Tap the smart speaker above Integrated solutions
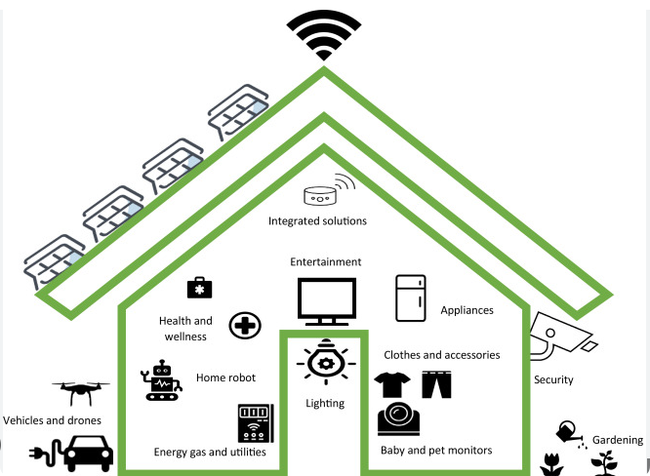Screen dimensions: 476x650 coord(317,194)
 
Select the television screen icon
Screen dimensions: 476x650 coord(326,300)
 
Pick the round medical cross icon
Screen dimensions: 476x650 coord(244,326)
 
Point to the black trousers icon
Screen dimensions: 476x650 coord(437,382)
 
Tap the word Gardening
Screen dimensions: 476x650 coord(617,441)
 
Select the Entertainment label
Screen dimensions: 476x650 coord(326,262)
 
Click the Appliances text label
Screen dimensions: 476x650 coord(467,310)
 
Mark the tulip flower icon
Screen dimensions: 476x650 coord(551,461)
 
